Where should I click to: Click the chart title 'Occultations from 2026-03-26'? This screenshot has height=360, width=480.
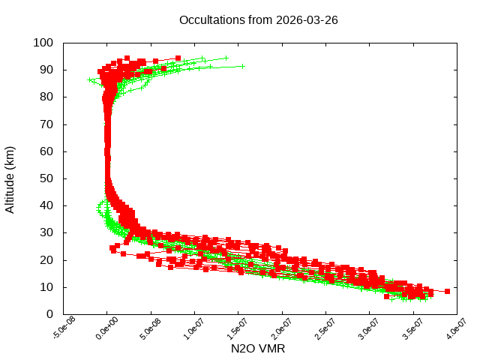259,19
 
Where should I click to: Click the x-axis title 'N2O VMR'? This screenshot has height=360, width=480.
259,349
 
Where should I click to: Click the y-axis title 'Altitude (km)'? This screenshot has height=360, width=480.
10,178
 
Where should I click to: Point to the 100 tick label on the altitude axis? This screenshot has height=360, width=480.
43,43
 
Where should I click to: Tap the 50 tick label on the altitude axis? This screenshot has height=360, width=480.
46,178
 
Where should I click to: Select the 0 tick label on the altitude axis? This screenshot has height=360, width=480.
49,314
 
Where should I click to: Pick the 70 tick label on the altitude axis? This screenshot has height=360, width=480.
46,124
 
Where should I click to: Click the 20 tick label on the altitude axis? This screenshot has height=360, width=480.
46,259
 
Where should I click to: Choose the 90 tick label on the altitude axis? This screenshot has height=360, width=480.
46,70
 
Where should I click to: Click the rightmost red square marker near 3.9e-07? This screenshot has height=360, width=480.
447,291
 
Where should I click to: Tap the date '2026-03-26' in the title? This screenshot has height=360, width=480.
307,19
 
